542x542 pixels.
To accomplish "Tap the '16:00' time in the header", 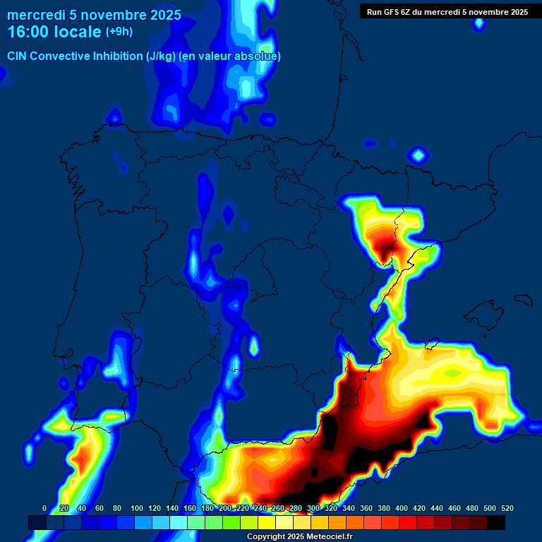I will (29, 32).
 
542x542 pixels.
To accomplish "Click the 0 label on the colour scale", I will (44, 508).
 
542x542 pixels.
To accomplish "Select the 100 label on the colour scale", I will (136, 508).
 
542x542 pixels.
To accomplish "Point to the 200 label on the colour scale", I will (224, 508).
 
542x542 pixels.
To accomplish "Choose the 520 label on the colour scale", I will (507, 508).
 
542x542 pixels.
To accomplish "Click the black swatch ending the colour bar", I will (496, 522).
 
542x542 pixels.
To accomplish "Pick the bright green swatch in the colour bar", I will (231, 522).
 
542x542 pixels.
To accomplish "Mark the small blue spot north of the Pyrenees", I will (418, 155).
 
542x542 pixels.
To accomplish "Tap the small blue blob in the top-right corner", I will (479, 23).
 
